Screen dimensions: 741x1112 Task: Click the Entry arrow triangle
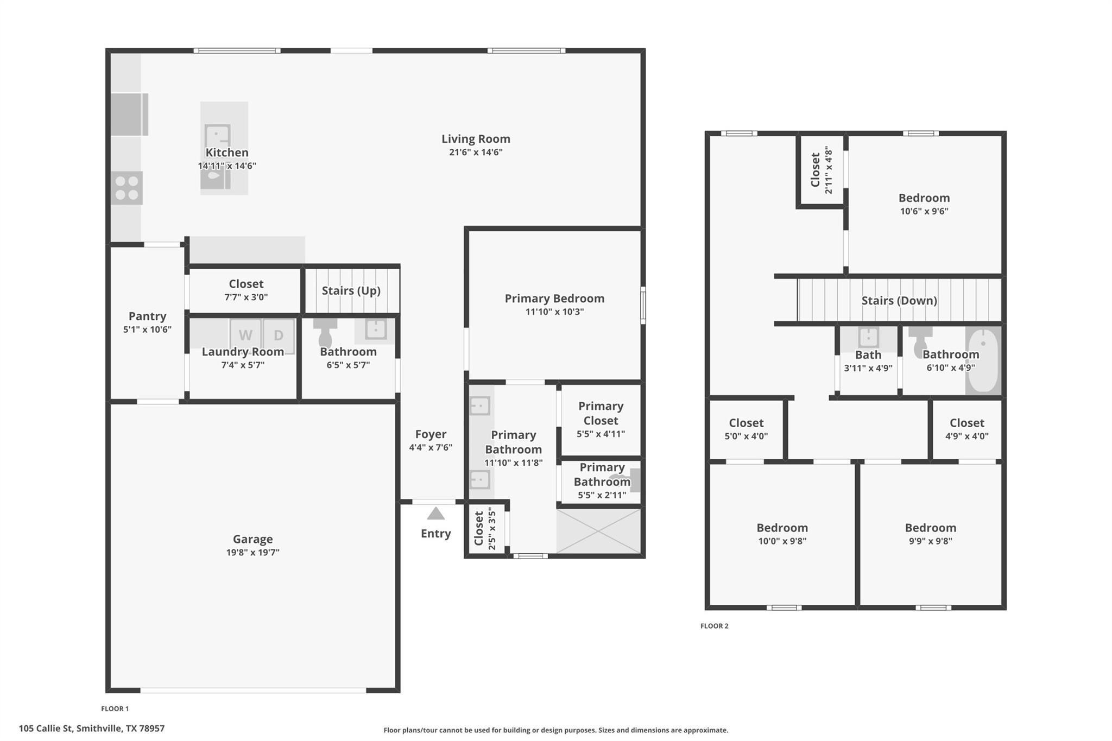(x=435, y=514)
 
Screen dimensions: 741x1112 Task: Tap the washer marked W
(x=245, y=335)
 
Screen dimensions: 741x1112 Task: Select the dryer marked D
(x=278, y=335)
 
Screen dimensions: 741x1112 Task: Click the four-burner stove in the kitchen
(x=127, y=188)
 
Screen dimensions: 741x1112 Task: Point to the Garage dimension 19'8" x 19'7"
(x=252, y=553)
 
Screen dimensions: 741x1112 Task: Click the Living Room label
(x=476, y=139)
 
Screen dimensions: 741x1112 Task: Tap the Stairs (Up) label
(x=351, y=290)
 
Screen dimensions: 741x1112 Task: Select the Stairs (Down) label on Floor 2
(x=899, y=300)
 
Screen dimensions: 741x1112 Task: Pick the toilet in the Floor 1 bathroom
(x=325, y=334)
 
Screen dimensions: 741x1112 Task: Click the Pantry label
(x=147, y=316)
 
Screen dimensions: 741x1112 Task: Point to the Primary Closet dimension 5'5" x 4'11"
(x=601, y=434)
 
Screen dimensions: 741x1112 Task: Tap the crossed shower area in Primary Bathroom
(x=599, y=531)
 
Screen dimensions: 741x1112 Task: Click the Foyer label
(x=431, y=434)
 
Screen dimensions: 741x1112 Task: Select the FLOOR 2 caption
(x=714, y=626)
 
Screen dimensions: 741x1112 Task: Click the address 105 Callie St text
(x=91, y=729)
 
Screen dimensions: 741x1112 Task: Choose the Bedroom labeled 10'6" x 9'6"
(x=924, y=198)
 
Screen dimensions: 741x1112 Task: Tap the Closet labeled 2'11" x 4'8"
(x=821, y=170)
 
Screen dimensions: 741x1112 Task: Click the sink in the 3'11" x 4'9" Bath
(x=868, y=337)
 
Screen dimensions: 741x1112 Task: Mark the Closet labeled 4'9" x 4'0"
(x=966, y=423)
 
